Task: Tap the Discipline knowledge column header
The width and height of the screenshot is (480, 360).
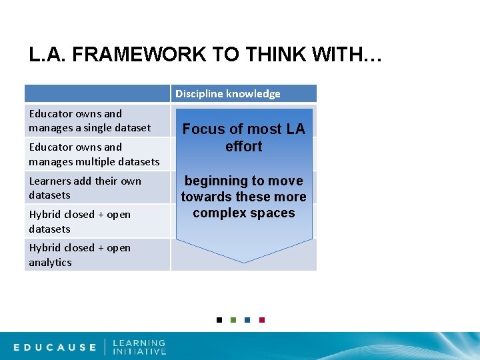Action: tap(228, 93)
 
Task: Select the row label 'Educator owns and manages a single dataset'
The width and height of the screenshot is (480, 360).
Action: tap(89, 121)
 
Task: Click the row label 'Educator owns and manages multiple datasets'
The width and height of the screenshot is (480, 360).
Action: tap(94, 154)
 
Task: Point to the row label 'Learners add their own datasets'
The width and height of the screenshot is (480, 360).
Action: tap(85, 188)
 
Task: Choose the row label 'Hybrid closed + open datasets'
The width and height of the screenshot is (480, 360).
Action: tap(79, 221)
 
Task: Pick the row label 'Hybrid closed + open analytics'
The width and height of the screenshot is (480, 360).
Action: tap(79, 255)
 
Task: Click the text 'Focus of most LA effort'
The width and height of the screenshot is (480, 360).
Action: tap(243, 138)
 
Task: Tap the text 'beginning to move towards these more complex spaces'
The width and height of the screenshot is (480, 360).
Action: tap(243, 197)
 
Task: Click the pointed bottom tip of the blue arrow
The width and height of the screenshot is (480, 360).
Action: tap(244, 261)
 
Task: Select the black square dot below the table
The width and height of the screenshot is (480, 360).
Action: tap(219, 320)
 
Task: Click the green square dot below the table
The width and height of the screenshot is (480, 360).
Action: tap(233, 320)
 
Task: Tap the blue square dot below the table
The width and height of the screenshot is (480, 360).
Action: tap(247, 320)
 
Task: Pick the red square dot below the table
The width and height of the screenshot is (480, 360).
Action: tap(262, 320)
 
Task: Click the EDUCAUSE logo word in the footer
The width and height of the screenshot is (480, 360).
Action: tap(55, 347)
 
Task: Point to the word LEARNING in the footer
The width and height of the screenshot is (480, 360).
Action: tap(139, 343)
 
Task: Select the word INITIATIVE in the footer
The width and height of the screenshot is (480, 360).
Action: tap(139, 351)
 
